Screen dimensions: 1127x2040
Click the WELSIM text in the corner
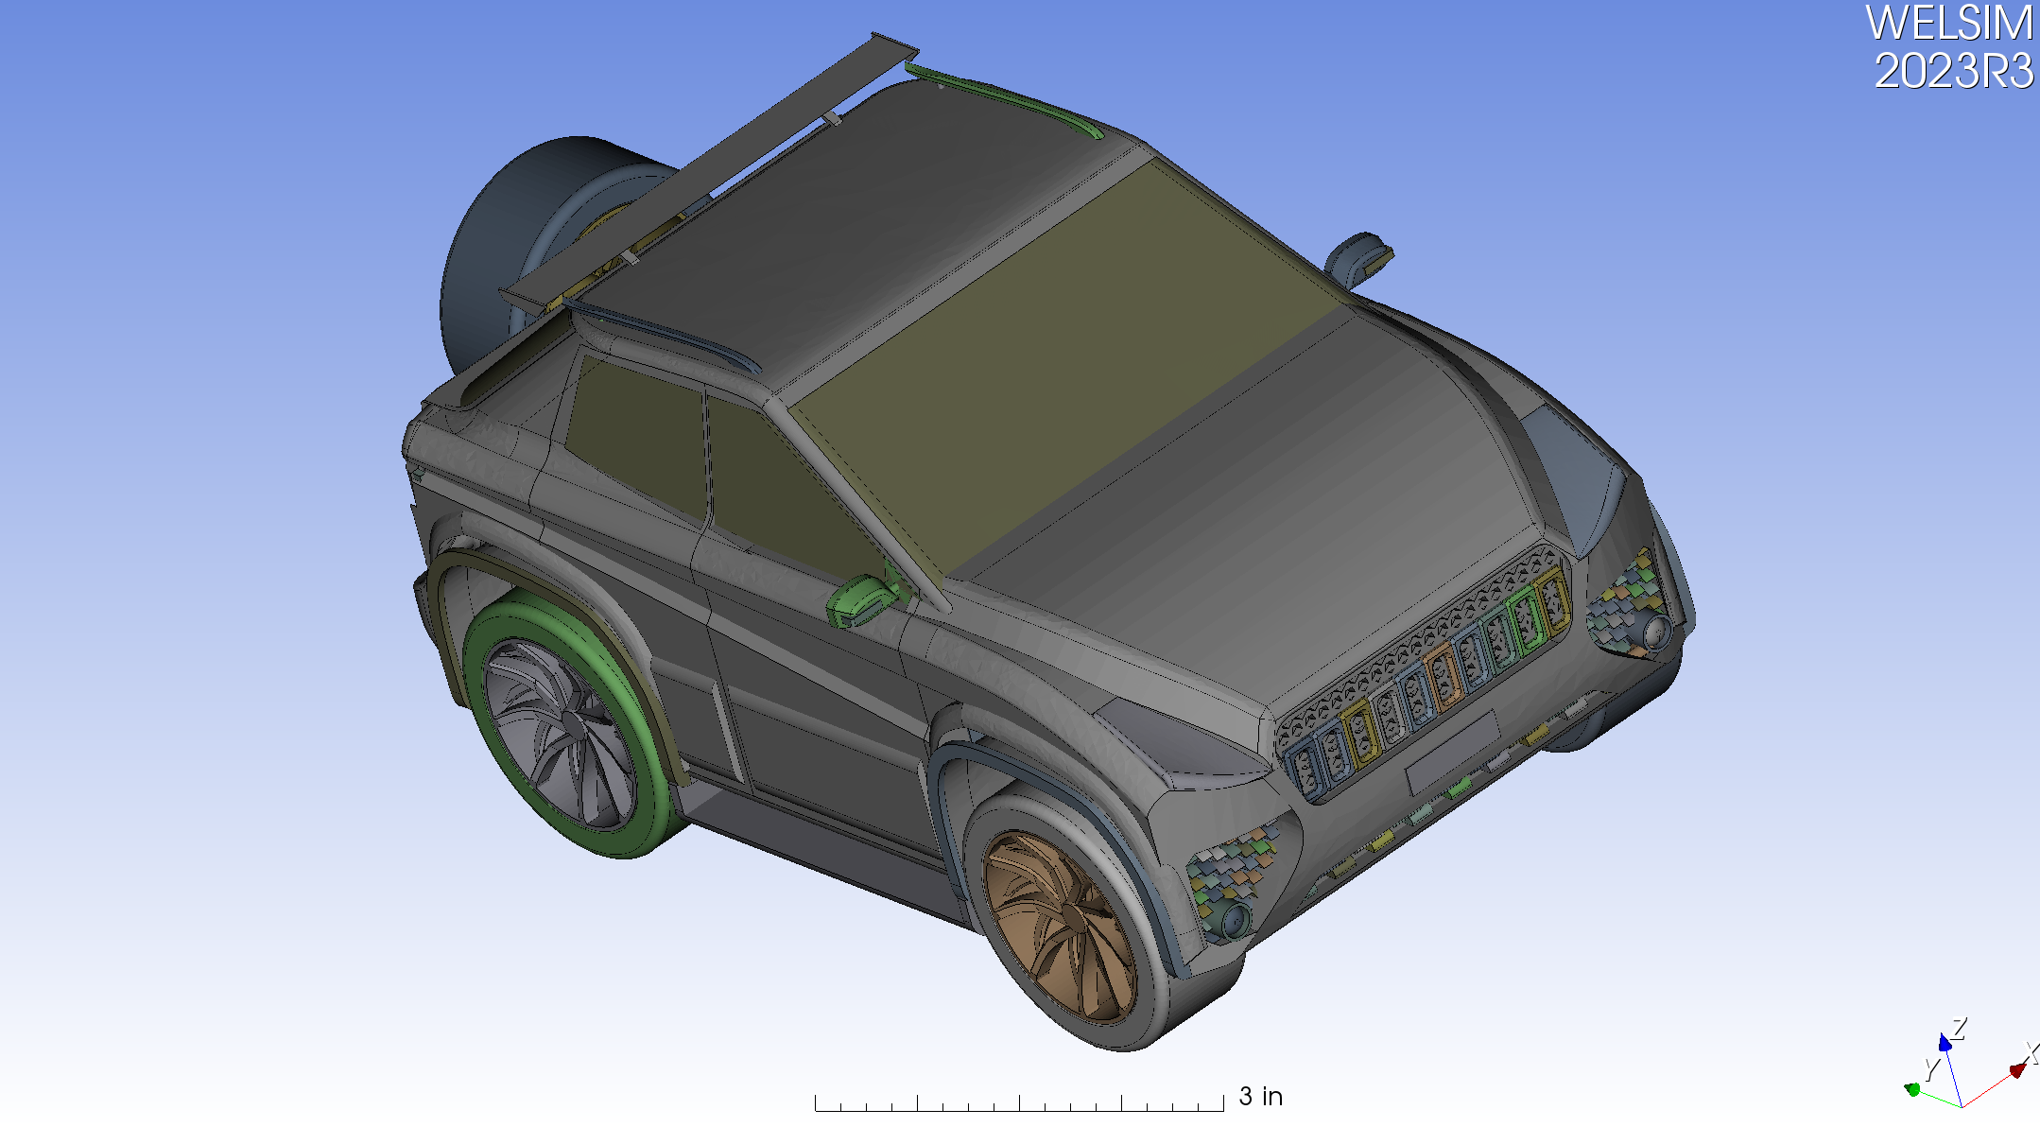click(1948, 23)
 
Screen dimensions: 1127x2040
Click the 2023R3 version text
click(1953, 72)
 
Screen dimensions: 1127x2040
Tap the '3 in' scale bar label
click(1260, 1097)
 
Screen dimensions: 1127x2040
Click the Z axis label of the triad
click(1960, 1028)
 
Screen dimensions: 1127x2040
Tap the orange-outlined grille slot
click(1442, 675)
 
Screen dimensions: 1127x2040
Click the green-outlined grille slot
click(1523, 620)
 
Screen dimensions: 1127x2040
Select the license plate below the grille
click(1451, 753)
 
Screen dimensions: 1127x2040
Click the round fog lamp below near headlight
click(1235, 917)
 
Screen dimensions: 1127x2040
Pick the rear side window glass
click(638, 430)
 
